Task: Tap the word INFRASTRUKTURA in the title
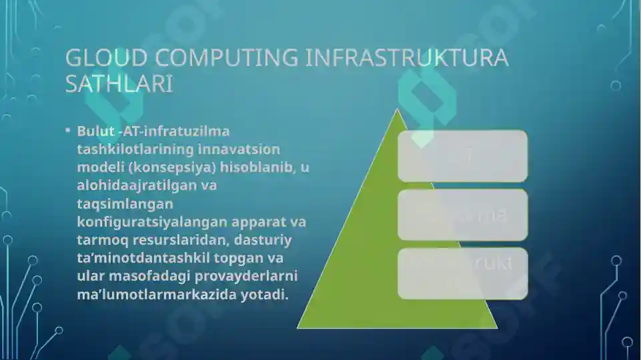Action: [x=407, y=58]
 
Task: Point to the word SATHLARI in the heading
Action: [x=119, y=84]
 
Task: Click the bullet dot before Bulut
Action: [x=67, y=130]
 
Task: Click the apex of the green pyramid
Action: [x=398, y=111]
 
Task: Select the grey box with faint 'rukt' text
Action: [x=463, y=273]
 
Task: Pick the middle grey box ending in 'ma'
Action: [x=463, y=215]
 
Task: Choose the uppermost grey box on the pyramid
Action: [x=463, y=156]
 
